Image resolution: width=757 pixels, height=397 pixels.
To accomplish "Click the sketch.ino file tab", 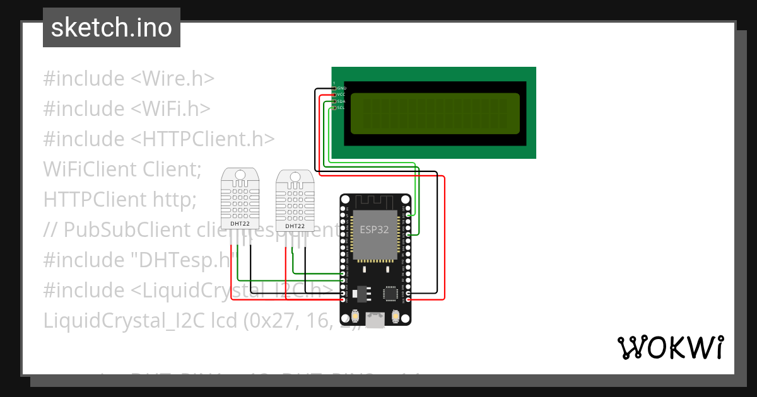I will [x=111, y=28].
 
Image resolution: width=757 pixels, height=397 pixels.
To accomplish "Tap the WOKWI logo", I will [x=669, y=347].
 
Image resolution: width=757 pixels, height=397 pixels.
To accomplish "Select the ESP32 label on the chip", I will [x=374, y=230].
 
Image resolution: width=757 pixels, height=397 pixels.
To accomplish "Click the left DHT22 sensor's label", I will [x=240, y=223].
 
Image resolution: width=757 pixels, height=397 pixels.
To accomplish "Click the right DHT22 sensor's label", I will [x=295, y=226].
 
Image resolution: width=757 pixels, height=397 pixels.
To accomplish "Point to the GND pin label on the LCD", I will [x=341, y=88].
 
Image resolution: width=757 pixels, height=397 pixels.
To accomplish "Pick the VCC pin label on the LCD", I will [x=341, y=95].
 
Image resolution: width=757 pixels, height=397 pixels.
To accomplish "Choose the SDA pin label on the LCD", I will [x=341, y=101].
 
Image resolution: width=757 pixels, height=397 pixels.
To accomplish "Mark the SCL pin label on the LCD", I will [x=341, y=108].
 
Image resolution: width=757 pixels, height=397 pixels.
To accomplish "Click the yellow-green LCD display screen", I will [x=435, y=114].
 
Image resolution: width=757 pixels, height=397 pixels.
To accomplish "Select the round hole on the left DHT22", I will [x=240, y=175].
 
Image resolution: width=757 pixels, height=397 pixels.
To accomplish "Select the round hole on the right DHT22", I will [x=295, y=177].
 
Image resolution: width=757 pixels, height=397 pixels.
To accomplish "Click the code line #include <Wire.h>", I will [x=129, y=79].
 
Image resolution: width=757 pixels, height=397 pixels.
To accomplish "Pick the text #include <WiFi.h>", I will [x=126, y=109].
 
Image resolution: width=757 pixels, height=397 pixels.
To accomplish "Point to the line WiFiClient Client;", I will [x=122, y=169].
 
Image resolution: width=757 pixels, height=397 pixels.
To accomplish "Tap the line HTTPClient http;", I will [x=120, y=199].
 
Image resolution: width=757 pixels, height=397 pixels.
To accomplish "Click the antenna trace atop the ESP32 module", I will [x=375, y=202].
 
